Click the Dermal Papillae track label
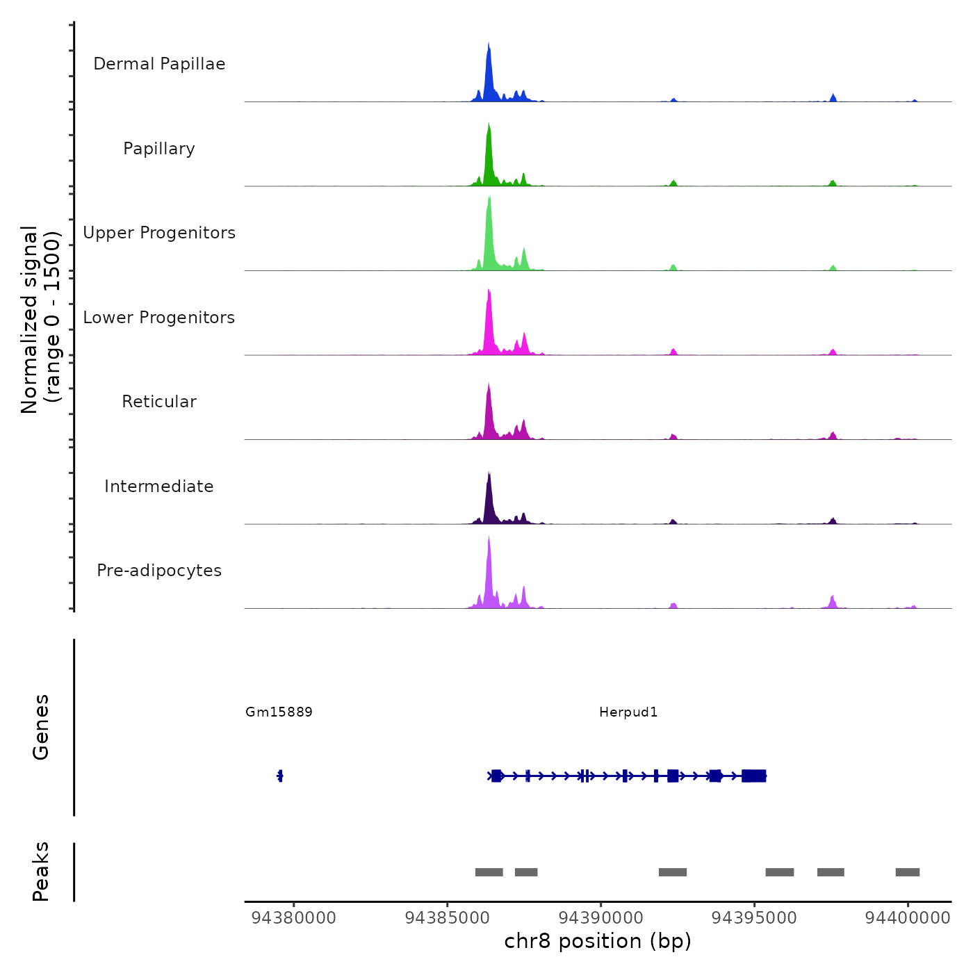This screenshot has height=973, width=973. click(x=159, y=64)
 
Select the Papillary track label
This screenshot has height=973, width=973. click(x=159, y=149)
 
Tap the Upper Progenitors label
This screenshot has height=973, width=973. click(x=159, y=233)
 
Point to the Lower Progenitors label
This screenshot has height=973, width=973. click(x=159, y=318)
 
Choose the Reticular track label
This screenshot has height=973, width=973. click(x=159, y=402)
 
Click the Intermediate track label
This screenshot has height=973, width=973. click(x=159, y=486)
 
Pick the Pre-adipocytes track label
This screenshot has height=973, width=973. click(x=159, y=571)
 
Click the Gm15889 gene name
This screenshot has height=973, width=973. click(x=279, y=712)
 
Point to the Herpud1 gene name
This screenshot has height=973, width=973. click(x=628, y=712)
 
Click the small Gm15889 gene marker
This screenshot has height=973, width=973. click(x=280, y=776)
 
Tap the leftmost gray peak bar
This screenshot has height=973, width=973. click(x=489, y=872)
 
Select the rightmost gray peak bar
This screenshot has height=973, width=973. click(x=907, y=872)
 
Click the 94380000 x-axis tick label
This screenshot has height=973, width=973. click(x=294, y=917)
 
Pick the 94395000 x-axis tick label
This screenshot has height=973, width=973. click(x=754, y=917)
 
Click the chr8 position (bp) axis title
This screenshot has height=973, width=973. click(x=598, y=941)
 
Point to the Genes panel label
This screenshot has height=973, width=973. click(x=41, y=727)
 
